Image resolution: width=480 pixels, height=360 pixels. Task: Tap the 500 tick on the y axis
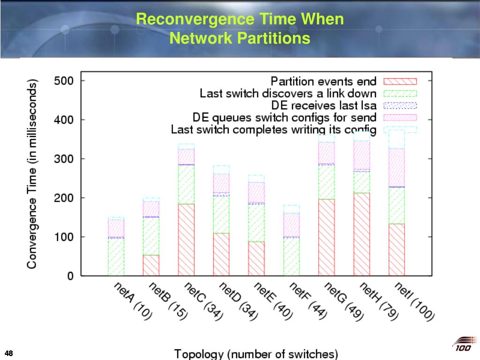(63, 81)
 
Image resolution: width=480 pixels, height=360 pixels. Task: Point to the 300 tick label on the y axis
(63, 159)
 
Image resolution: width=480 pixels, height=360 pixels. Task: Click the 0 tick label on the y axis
(70, 276)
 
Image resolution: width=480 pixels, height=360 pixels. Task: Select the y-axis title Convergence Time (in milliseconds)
(32, 174)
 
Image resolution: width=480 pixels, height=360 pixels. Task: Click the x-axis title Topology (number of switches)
(256, 353)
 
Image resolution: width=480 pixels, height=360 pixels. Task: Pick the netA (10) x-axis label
(133, 301)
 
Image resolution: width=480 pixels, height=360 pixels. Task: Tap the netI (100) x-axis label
(414, 302)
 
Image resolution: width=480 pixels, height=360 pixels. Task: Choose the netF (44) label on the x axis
(308, 301)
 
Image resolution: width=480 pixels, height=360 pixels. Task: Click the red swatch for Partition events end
(400, 81)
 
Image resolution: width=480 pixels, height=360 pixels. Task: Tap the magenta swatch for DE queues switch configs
(400, 117)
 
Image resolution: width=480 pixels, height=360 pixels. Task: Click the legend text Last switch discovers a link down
(288, 93)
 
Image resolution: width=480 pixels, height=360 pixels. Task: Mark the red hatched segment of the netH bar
(362, 234)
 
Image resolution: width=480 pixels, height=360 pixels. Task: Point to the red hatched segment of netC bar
(186, 240)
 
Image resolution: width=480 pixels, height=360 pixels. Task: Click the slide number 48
(8, 352)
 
